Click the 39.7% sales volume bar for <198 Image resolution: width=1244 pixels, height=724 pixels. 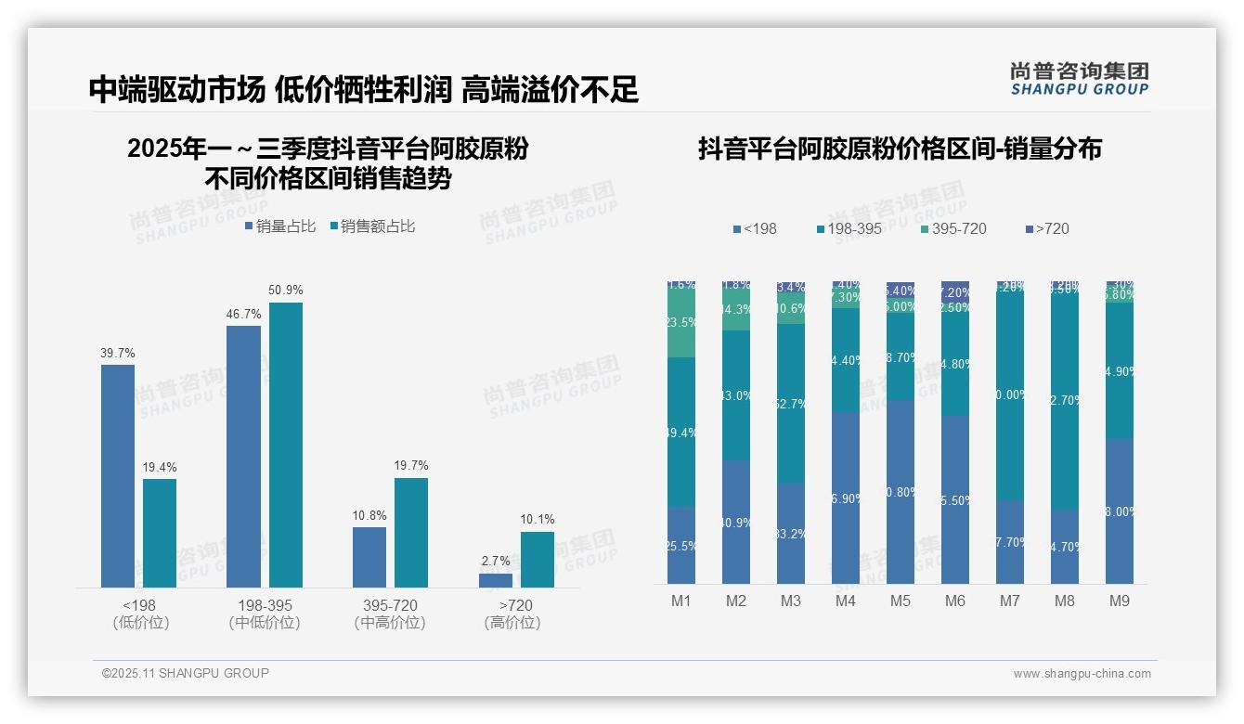pos(118,475)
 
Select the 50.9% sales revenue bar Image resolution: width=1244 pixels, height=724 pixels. pos(286,445)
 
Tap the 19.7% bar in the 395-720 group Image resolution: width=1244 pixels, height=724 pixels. pos(411,532)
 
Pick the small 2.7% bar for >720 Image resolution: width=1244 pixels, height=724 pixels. pos(496,580)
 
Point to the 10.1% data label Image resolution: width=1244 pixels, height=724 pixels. pos(538,520)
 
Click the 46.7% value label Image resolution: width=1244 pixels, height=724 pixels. pos(243,315)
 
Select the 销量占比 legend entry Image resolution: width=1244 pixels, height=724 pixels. pos(280,226)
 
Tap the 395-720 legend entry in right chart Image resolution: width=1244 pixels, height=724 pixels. pos(953,228)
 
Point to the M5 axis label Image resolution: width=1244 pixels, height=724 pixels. pos(900,601)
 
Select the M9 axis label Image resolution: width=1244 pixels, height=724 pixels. pos(1119,601)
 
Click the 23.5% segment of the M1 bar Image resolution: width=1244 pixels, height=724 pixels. pos(681,323)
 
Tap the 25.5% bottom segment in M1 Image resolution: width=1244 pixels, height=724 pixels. pos(681,546)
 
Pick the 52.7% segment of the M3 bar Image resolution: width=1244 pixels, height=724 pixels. pos(791,403)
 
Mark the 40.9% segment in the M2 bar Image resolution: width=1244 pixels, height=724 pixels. pos(736,523)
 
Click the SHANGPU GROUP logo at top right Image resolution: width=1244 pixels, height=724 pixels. pos(1079,79)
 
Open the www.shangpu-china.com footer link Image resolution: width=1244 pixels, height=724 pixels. pos(1082,674)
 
